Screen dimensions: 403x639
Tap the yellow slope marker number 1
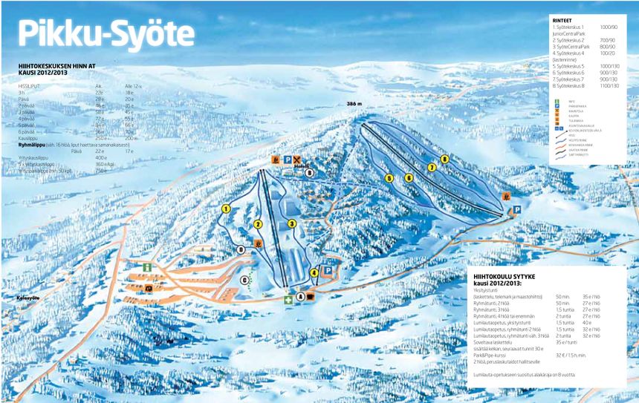[225, 209]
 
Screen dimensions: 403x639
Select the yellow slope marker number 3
[292, 223]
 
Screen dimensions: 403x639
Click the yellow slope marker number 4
[314, 272]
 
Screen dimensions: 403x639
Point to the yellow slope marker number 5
[389, 178]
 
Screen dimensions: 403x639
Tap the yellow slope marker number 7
[431, 168]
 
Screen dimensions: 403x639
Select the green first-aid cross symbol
[288, 299]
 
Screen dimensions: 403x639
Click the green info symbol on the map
[147, 266]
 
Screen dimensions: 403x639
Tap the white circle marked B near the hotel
[310, 172]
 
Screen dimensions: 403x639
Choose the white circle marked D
[241, 250]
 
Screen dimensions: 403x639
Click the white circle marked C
[245, 279]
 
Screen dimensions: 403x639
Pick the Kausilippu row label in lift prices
[29, 138]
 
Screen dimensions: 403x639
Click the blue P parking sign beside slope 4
[327, 271]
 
